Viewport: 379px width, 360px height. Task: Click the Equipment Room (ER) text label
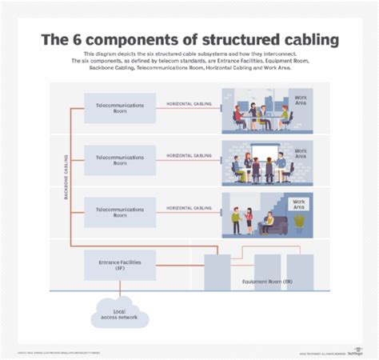(269, 282)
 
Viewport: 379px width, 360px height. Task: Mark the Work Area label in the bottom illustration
(299, 203)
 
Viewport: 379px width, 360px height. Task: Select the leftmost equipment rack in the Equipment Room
(217, 272)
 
